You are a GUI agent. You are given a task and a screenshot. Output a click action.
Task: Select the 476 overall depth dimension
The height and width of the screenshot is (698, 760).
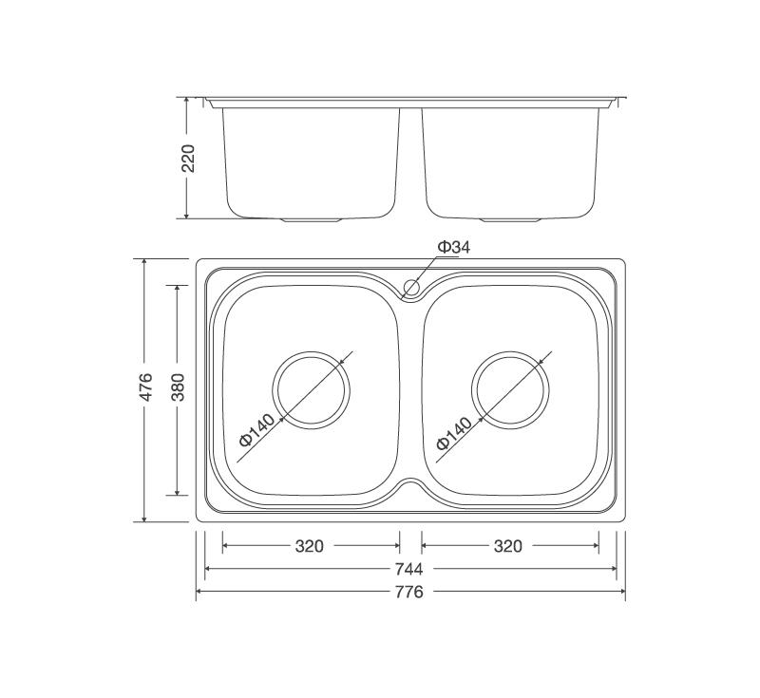[146, 389]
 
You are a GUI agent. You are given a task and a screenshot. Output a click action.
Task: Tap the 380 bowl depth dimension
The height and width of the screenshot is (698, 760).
[178, 389]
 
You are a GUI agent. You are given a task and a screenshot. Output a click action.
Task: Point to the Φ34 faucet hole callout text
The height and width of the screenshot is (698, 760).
[453, 247]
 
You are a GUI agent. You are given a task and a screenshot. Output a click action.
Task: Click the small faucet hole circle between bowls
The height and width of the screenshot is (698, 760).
[411, 286]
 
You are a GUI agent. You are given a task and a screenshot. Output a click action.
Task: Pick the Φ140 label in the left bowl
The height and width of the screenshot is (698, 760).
[257, 430]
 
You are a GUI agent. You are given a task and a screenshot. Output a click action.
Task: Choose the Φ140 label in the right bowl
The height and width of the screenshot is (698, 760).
[454, 430]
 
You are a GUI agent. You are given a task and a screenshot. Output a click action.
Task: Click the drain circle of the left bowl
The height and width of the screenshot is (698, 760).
[312, 389]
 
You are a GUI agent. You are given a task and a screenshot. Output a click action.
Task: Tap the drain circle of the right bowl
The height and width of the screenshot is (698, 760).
[510, 389]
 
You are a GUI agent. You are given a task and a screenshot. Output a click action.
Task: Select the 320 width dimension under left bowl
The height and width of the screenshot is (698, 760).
[310, 546]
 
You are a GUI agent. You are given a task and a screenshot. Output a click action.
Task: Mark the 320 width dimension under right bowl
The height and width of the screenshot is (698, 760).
[508, 546]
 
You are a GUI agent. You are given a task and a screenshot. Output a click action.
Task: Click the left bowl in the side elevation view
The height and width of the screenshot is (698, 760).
[311, 161]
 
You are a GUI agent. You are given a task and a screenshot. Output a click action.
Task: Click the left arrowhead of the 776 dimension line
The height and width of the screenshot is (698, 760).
[199, 593]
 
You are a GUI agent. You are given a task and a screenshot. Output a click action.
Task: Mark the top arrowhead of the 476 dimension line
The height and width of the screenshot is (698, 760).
[144, 261]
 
